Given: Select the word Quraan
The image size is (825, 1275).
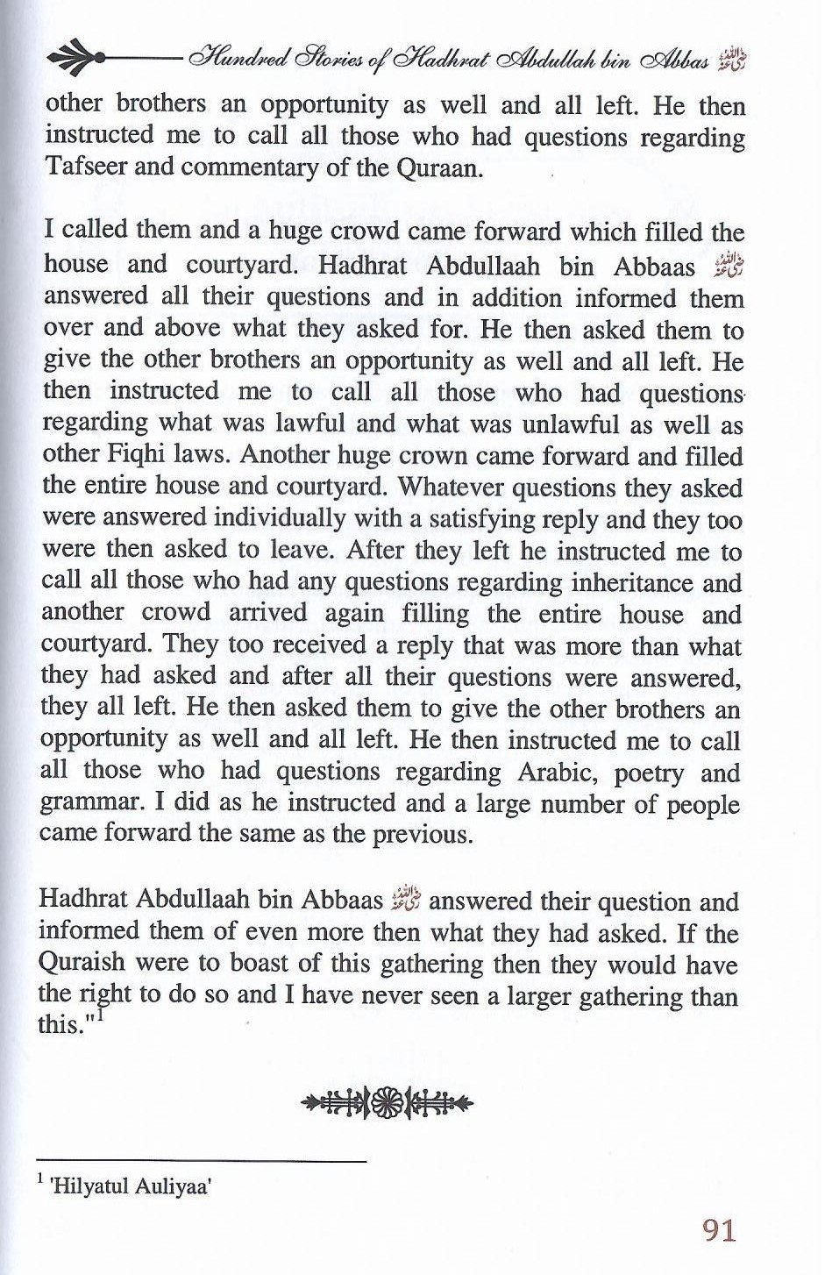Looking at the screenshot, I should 439,169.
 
